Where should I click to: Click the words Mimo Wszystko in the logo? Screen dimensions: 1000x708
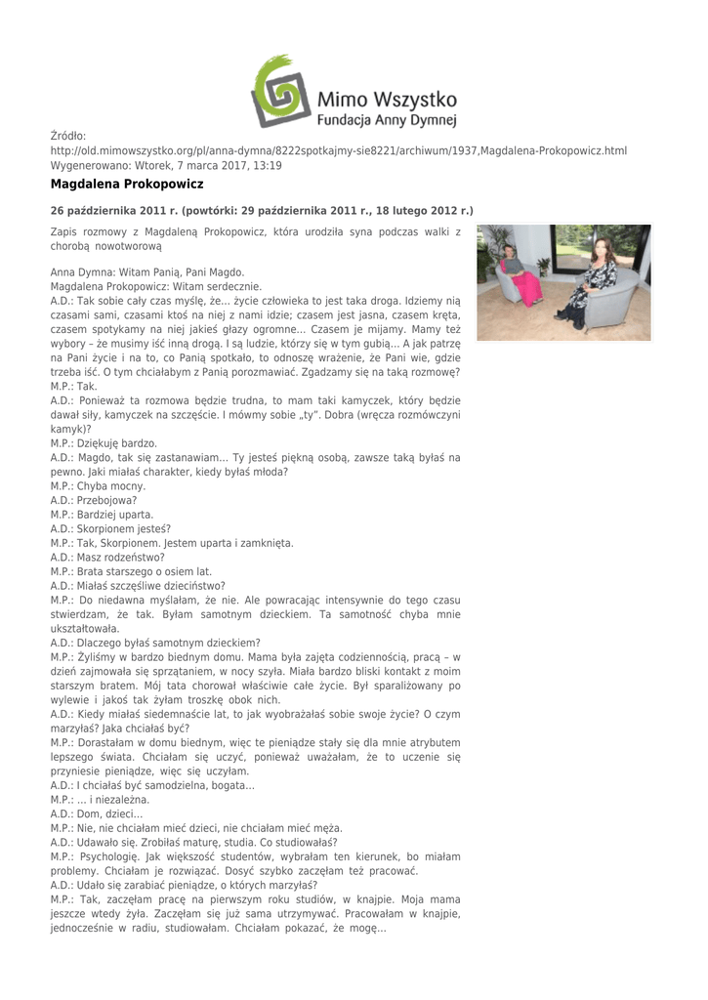[388, 99]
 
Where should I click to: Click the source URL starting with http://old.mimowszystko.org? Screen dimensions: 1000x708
[338, 151]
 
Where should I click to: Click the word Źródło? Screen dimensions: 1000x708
[68, 136]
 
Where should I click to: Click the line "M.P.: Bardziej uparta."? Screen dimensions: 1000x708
[102, 515]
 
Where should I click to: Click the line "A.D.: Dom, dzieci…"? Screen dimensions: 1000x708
[97, 813]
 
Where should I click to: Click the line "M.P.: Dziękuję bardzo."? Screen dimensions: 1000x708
[104, 443]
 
